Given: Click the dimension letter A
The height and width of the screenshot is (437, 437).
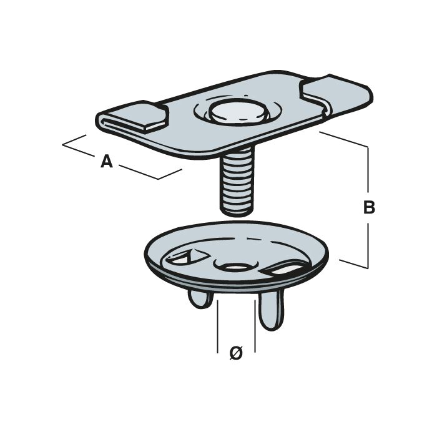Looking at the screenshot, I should point(107,162).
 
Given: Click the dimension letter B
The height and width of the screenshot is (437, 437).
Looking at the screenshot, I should point(369,208).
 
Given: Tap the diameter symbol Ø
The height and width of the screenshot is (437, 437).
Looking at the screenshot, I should point(236,353).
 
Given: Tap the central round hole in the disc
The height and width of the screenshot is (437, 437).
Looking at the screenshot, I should point(234,267).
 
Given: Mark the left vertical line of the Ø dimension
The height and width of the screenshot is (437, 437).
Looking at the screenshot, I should point(217,325).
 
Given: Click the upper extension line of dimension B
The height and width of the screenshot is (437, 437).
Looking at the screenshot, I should point(343,139).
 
